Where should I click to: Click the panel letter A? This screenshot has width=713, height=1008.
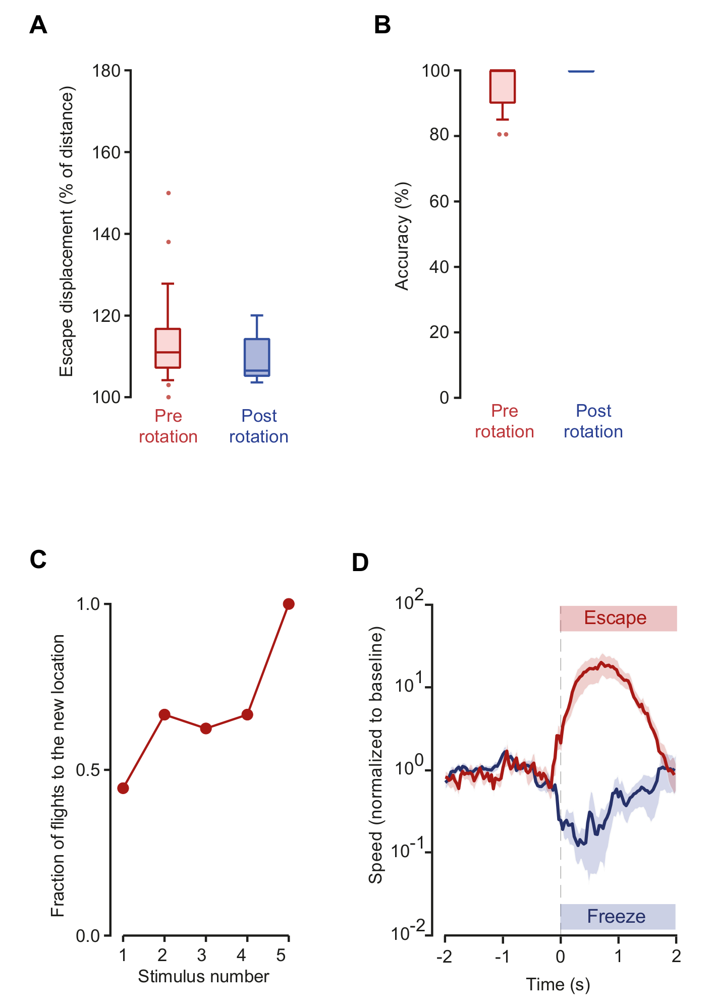click(x=38, y=25)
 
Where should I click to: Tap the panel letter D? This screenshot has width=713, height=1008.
click(x=360, y=562)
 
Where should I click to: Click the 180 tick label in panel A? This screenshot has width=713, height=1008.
click(x=106, y=71)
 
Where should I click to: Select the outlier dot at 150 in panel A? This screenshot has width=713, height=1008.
click(x=169, y=193)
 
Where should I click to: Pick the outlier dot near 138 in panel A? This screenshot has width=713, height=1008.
click(x=169, y=242)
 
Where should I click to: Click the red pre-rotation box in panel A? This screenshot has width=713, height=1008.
click(x=168, y=348)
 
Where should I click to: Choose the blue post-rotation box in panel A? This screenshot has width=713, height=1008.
click(x=257, y=357)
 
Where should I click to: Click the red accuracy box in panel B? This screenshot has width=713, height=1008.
click(x=503, y=87)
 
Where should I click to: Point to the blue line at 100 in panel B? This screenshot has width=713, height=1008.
click(x=581, y=71)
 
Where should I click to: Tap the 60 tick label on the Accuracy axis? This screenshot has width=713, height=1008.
click(x=439, y=201)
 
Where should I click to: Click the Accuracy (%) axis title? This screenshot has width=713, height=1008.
click(x=402, y=236)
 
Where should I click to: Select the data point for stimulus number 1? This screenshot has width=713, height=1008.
click(x=123, y=788)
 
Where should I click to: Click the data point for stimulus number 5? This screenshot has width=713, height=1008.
click(x=289, y=604)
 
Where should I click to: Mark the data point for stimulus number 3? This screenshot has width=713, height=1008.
click(x=205, y=729)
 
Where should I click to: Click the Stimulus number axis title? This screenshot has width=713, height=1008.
click(x=203, y=977)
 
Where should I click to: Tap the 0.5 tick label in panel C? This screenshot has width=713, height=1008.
click(x=88, y=770)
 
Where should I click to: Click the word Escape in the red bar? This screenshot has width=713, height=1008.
click(x=615, y=618)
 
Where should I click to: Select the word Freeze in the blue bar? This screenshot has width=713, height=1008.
click(x=616, y=916)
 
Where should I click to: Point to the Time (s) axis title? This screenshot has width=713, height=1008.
click(x=558, y=984)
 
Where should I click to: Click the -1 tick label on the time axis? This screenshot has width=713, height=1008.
click(x=502, y=957)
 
